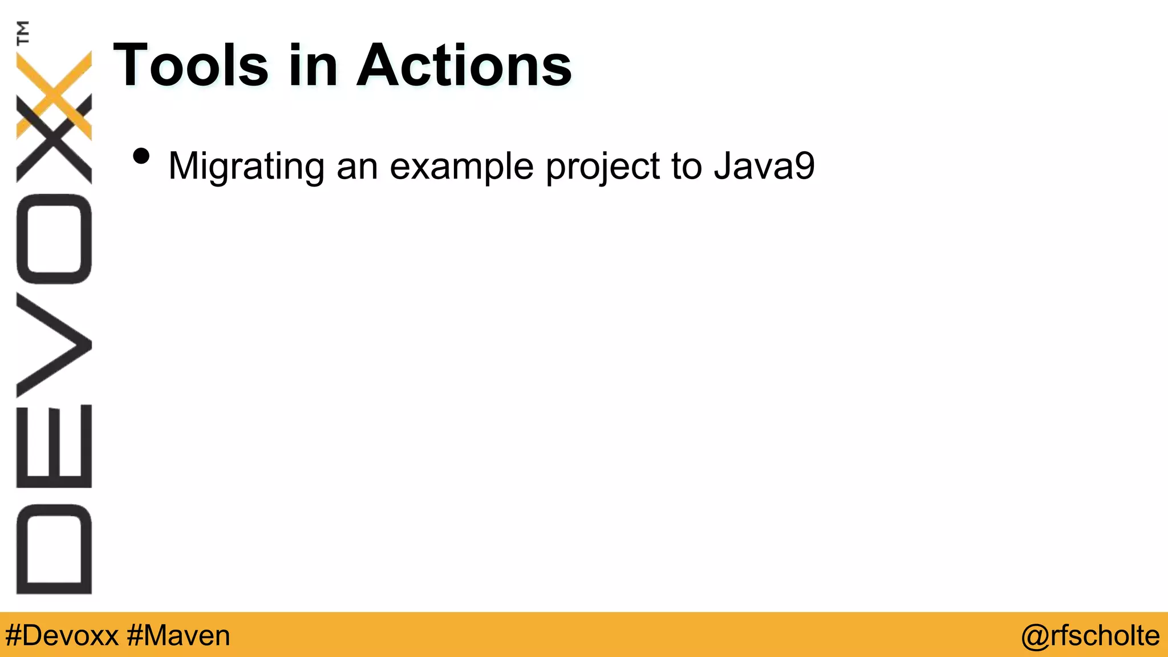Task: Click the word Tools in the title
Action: [190, 66]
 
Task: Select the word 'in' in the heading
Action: [313, 66]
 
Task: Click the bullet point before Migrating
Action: [141, 156]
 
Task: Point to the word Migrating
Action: [246, 167]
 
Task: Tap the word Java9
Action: [764, 167]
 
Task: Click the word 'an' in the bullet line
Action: [358, 167]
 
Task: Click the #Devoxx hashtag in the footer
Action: [62, 635]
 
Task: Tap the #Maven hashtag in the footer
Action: [179, 635]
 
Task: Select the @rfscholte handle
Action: [1090, 635]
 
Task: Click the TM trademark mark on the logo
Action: [23, 33]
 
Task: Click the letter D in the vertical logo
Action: [54, 549]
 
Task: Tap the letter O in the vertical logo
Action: [54, 238]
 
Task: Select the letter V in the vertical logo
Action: [54, 345]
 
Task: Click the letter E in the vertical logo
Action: [54, 446]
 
